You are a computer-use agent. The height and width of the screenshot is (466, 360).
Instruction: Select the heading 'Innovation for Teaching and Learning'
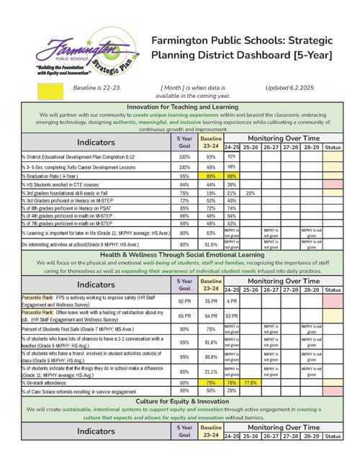tap(182, 107)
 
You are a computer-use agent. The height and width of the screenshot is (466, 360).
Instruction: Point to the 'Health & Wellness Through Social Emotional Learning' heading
tap(182, 256)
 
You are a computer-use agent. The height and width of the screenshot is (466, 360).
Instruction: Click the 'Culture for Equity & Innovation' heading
tap(182, 400)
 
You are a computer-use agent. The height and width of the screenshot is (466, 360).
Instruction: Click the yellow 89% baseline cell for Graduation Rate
tap(211, 176)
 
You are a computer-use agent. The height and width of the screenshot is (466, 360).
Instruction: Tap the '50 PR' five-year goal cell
tap(184, 300)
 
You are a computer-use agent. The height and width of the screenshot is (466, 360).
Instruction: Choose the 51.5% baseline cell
tap(211, 244)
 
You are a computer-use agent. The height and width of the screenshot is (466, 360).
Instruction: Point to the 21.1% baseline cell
tap(211, 371)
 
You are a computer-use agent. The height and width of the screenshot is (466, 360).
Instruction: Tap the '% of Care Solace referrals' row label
tap(79, 390)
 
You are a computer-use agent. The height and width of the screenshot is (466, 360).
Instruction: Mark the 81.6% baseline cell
tap(211, 342)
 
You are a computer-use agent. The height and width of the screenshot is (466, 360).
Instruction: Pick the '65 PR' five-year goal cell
tap(184, 315)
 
